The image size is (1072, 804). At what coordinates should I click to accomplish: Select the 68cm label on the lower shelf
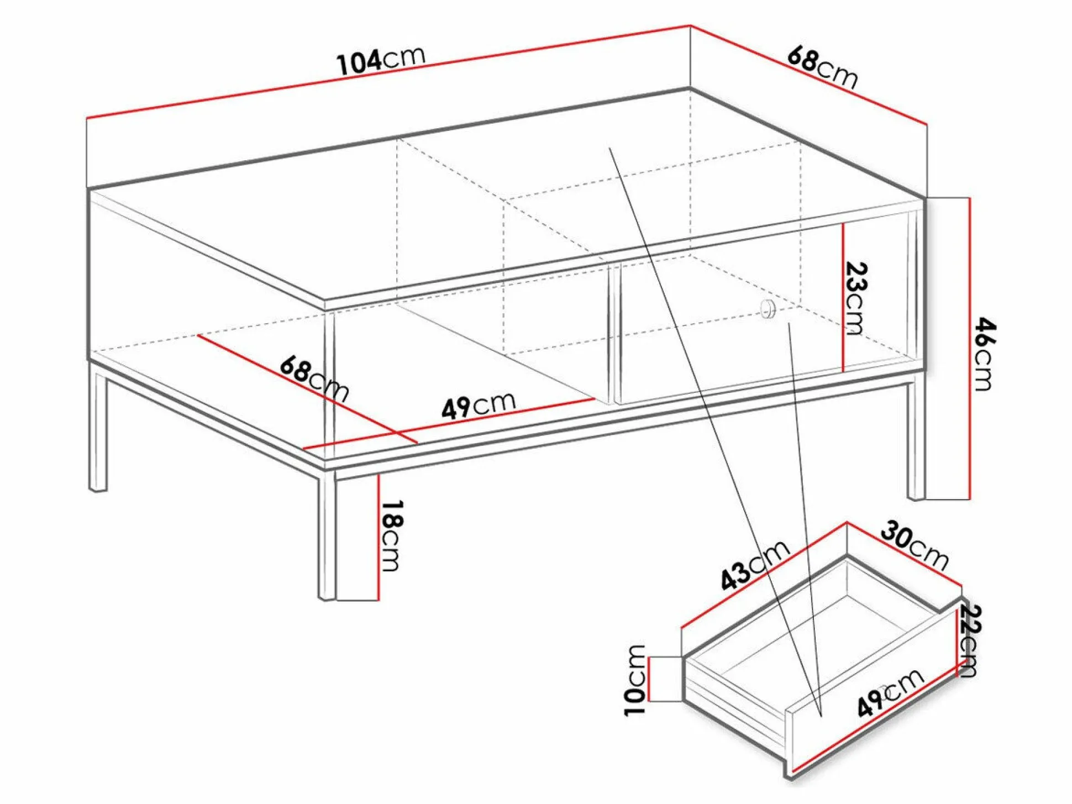(314, 379)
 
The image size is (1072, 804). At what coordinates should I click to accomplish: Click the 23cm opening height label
(856, 298)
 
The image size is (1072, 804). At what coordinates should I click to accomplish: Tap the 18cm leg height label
(391, 535)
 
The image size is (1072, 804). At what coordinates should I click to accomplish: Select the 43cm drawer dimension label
(755, 565)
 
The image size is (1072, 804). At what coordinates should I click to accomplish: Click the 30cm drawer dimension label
(915, 546)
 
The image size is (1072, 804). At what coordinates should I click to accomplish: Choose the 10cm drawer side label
(635, 680)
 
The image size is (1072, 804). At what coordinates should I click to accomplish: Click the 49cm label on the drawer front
(890, 692)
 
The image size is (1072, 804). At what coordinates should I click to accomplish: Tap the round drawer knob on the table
(767, 309)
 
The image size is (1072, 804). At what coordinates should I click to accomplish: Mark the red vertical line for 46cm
(969, 349)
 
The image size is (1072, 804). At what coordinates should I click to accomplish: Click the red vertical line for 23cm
(843, 297)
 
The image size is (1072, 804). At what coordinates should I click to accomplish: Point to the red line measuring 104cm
(388, 72)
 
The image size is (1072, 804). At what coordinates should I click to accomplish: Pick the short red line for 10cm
(649, 679)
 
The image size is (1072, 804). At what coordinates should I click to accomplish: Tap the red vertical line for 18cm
(379, 537)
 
